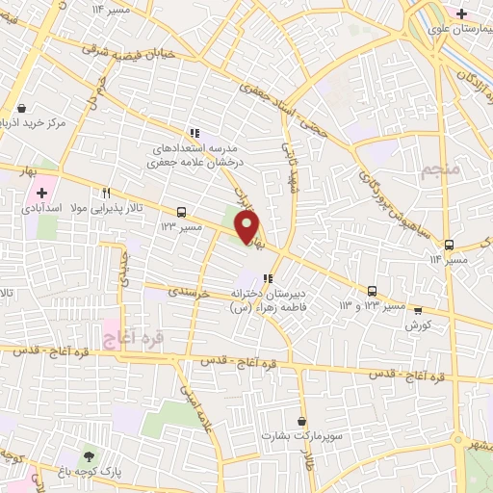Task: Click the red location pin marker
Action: pyautogui.click(x=247, y=227)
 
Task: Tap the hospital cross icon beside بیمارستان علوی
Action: pyautogui.click(x=462, y=13)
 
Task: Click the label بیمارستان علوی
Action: pyautogui.click(x=457, y=31)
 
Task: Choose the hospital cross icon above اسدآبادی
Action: pyautogui.click(x=41, y=193)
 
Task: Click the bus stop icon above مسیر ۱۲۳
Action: pyautogui.click(x=181, y=211)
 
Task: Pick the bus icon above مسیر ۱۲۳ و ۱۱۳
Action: pyautogui.click(x=372, y=291)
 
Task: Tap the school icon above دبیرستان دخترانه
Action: pyautogui.click(x=269, y=277)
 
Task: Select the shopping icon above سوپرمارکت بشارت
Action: pyautogui.click(x=302, y=421)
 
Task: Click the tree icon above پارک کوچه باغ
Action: pyautogui.click(x=90, y=456)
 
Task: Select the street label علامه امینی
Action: pyautogui.click(x=192, y=401)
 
